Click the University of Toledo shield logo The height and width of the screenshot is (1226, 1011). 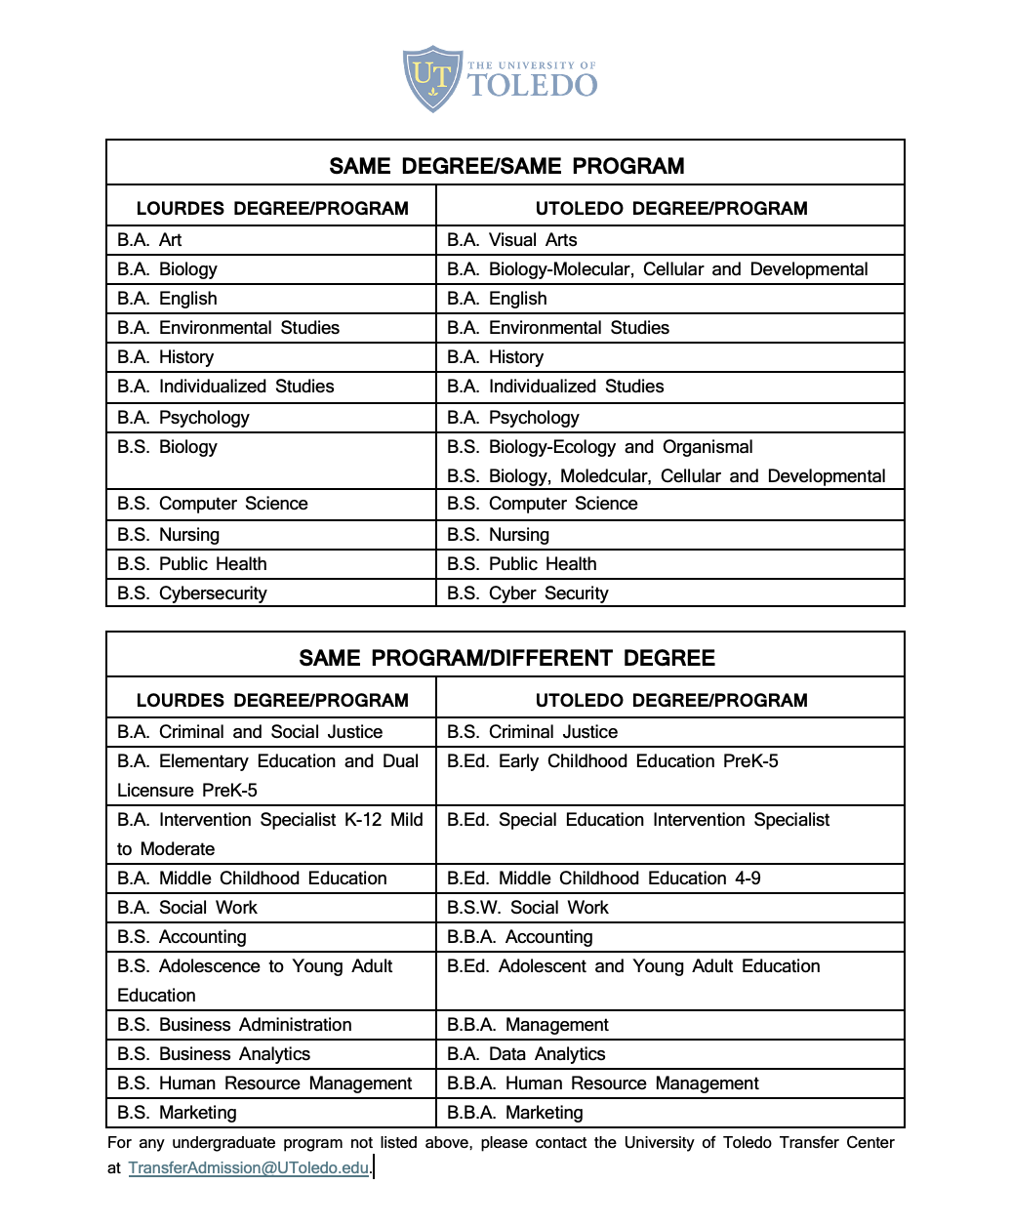pyautogui.click(x=432, y=77)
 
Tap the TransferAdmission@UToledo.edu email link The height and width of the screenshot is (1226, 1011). pyautogui.click(x=248, y=1167)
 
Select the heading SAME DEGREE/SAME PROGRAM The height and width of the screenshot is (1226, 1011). pyautogui.click(x=506, y=166)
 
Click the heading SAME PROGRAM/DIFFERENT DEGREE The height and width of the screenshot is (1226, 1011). pyautogui.click(x=506, y=658)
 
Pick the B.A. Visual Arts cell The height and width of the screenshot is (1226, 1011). pyautogui.click(x=512, y=240)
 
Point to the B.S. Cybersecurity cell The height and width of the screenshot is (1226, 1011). pyautogui.click(x=192, y=593)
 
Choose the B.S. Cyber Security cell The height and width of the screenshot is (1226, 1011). pyautogui.click(x=528, y=593)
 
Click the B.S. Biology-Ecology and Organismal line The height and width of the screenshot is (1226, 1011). pyautogui.click(x=600, y=447)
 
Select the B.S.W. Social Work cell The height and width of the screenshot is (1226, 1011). pyautogui.click(x=528, y=908)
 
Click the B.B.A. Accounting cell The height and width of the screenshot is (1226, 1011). pyautogui.click(x=520, y=937)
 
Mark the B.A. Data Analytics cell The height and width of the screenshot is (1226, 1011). pyautogui.click(x=526, y=1054)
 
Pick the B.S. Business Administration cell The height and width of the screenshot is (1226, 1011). pyautogui.click(x=234, y=1025)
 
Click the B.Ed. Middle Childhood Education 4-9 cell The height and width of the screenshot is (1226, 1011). pyautogui.click(x=604, y=879)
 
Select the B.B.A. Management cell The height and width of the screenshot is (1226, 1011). pyautogui.click(x=528, y=1025)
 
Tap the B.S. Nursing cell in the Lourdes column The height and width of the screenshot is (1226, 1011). pyautogui.click(x=169, y=535)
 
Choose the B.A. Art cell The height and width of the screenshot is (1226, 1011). pyautogui.click(x=149, y=240)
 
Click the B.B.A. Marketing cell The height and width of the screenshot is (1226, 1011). pyautogui.click(x=515, y=1113)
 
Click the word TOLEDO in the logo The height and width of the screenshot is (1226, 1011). pyautogui.click(x=533, y=85)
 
